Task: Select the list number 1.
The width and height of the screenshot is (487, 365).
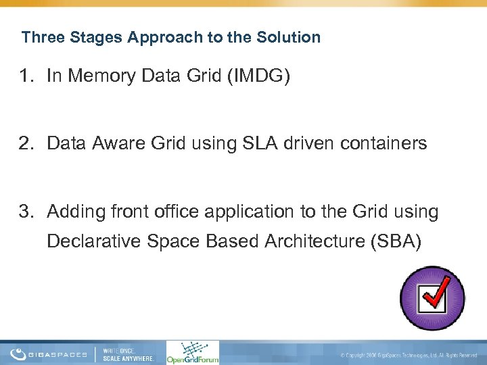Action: pos(25,77)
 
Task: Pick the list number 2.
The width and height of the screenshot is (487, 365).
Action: pos(25,143)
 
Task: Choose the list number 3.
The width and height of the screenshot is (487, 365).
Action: pos(25,212)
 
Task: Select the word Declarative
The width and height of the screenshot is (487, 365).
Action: pos(91,241)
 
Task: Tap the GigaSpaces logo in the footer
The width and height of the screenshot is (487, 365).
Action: pos(49,354)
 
